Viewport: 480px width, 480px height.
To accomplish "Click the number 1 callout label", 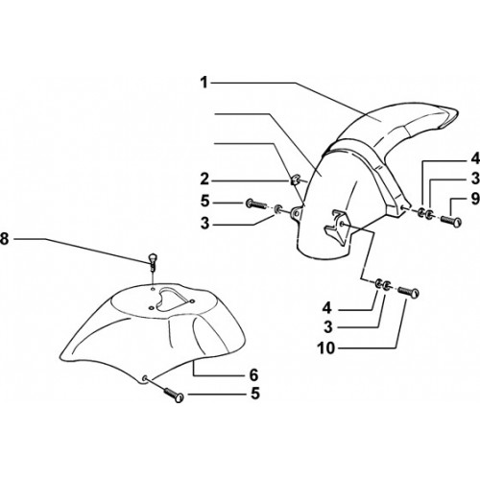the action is (204, 83).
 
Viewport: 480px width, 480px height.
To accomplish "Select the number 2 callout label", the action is (204, 180).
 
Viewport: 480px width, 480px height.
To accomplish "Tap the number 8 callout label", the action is (4, 239).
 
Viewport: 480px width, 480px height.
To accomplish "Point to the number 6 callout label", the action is (253, 374).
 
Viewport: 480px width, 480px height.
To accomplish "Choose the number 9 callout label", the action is (475, 199).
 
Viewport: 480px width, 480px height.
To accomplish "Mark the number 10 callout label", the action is (326, 348).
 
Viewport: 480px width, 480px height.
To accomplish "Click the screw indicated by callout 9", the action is (451, 221).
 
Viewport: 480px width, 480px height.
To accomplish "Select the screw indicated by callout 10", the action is (409, 293).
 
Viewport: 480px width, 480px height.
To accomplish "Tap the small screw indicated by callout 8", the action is (153, 262).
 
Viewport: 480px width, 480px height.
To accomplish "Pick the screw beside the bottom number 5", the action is (174, 395).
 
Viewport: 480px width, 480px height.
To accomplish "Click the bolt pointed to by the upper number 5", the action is (256, 204).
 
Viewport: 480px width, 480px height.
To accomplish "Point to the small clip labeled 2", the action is (295, 180).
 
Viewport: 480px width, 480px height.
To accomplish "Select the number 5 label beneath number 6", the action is (255, 394).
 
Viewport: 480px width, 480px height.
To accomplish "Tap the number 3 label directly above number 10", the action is (328, 327).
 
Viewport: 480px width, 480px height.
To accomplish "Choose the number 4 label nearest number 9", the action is (476, 158).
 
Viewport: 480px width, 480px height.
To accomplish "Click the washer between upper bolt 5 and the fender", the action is (278, 209).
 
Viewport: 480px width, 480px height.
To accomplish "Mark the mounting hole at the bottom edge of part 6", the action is (145, 378).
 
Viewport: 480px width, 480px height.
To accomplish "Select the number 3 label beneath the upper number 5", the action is (204, 224).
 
